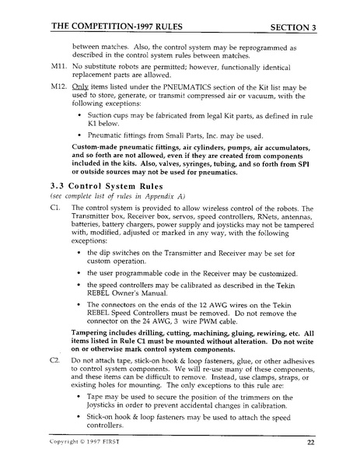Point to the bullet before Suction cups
pos(81,119)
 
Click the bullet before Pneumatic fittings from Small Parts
pos(81,134)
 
